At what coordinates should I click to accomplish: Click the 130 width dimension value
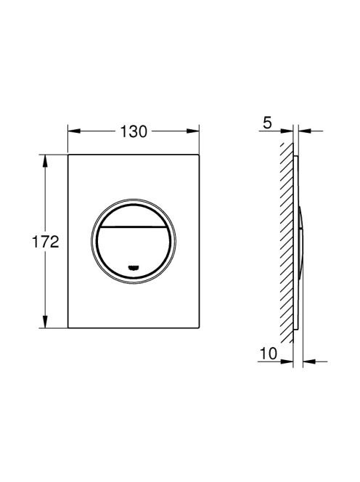coord(134,131)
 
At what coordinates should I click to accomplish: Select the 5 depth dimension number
coord(268,123)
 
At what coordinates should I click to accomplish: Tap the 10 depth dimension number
coord(269,354)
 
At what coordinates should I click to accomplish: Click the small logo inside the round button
coord(134,267)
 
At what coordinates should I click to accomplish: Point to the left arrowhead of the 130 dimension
coord(74,131)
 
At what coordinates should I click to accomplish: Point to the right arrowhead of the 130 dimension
coord(193,131)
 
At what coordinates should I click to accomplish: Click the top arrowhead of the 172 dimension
coord(45,160)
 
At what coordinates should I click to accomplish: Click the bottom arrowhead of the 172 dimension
coord(45,322)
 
